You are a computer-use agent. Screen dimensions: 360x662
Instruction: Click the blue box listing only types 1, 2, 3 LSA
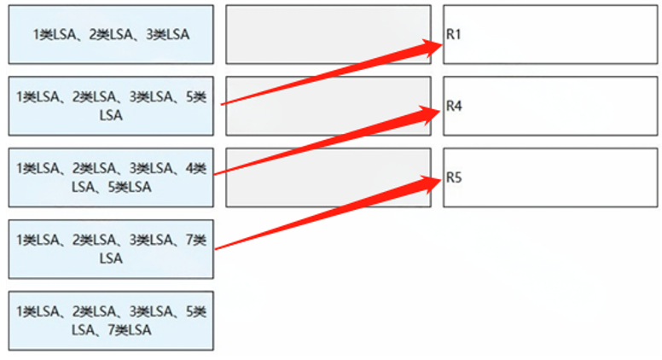111,34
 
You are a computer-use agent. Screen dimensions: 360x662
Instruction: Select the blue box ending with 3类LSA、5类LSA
111,106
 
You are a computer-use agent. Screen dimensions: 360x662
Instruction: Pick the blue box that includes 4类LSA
111,177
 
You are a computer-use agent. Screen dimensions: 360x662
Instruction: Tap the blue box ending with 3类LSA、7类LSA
111,249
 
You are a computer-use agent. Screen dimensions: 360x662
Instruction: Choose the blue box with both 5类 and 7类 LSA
111,321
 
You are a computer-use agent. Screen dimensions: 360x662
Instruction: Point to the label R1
454,35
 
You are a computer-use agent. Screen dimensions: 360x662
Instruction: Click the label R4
454,107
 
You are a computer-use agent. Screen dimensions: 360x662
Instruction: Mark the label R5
454,178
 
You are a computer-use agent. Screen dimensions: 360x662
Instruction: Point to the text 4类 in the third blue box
195,169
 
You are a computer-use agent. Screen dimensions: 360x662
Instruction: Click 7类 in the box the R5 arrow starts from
195,241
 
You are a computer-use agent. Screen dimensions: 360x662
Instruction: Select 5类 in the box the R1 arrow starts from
195,97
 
